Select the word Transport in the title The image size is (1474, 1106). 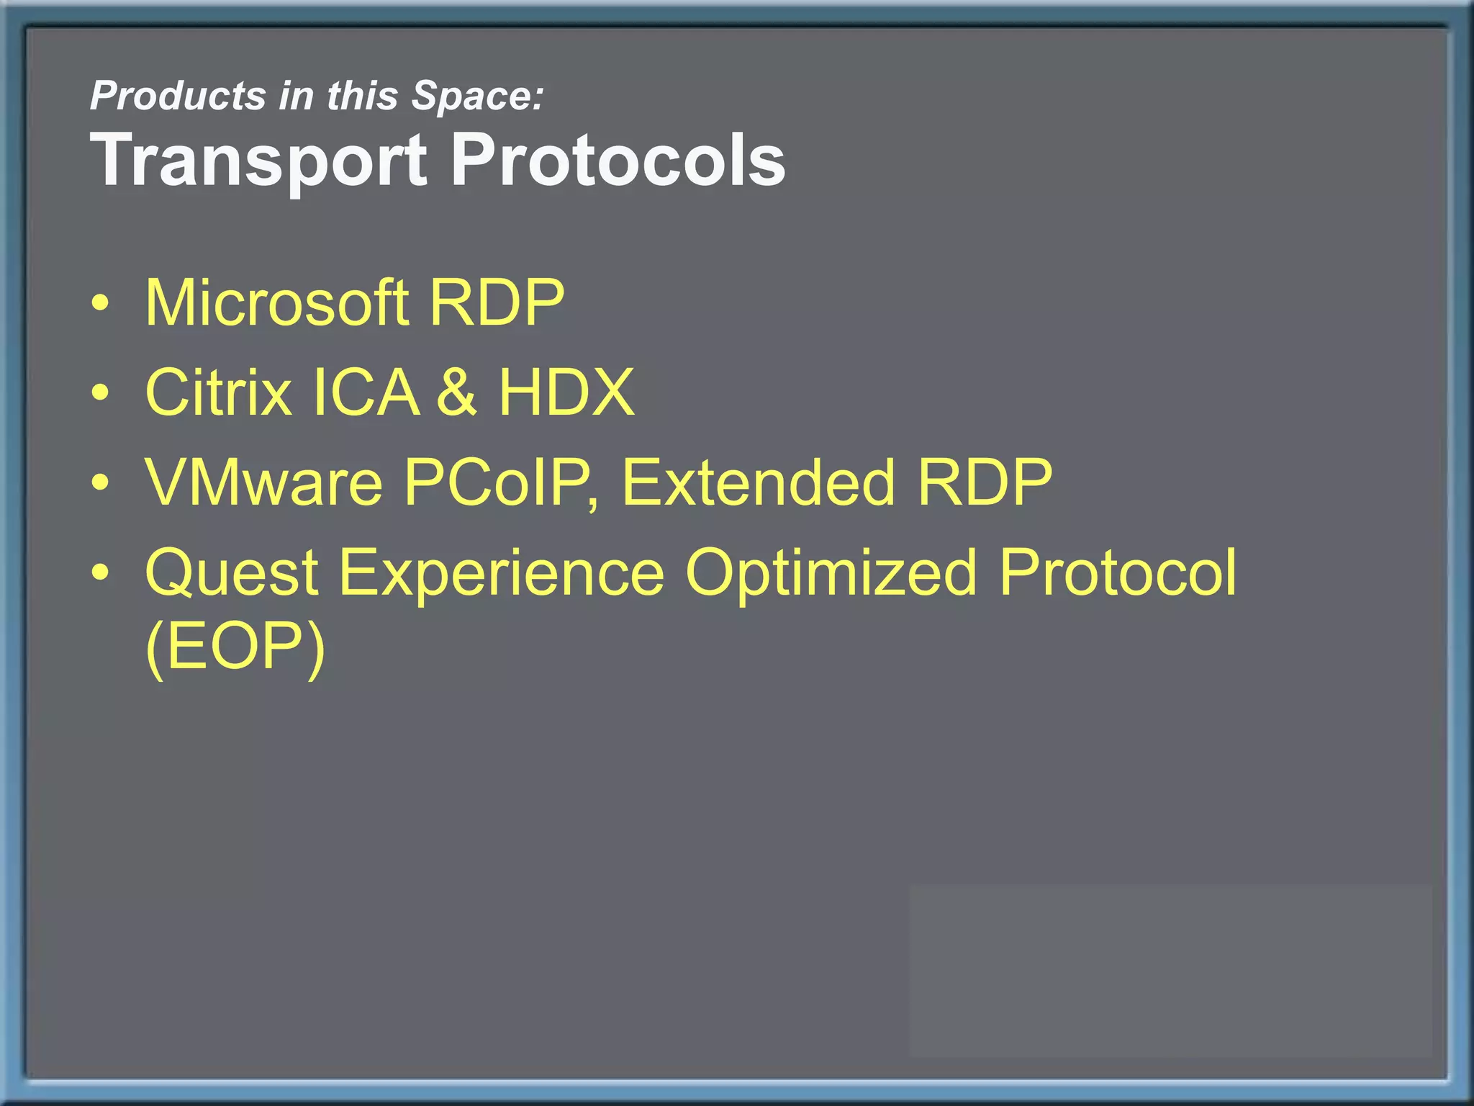coord(258,161)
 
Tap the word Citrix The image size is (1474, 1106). coord(218,392)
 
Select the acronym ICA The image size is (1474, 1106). coord(366,392)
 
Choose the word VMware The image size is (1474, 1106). coord(263,482)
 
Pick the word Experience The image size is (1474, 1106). coord(501,574)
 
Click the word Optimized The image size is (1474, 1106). coord(831,574)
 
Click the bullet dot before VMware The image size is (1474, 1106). coord(101,482)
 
